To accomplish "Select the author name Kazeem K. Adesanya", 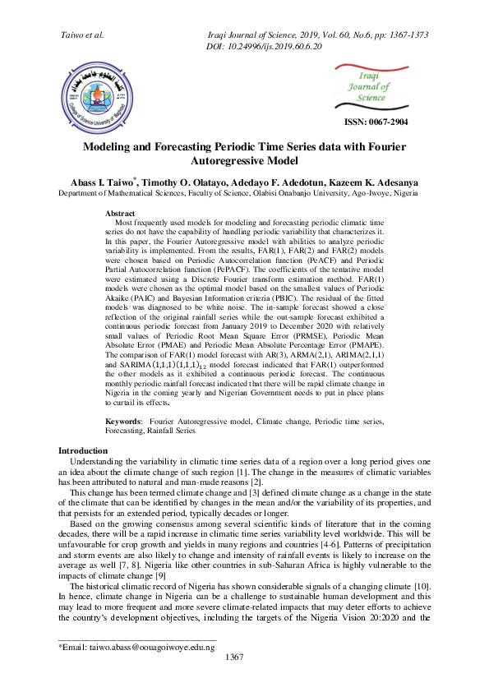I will (x=386, y=181).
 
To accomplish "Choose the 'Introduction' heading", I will (x=82, y=451).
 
